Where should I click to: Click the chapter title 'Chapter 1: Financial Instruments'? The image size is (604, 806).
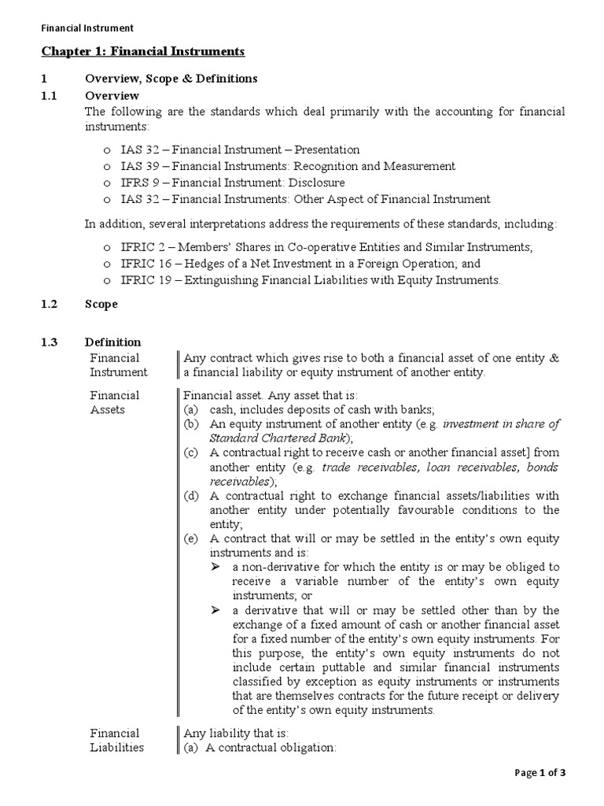[x=142, y=52]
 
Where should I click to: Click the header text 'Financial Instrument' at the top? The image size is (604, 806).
[x=87, y=28]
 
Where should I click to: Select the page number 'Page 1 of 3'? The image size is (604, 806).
[x=540, y=773]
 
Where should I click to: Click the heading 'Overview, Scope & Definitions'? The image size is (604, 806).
[x=171, y=79]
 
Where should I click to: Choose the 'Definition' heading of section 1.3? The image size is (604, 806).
[x=113, y=342]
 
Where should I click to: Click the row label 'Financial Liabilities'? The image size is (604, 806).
[x=116, y=740]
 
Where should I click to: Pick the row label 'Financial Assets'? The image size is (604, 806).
[x=114, y=402]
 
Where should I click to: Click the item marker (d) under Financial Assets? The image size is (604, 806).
[x=191, y=496]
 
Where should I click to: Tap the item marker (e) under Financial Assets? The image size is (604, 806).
[x=191, y=538]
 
